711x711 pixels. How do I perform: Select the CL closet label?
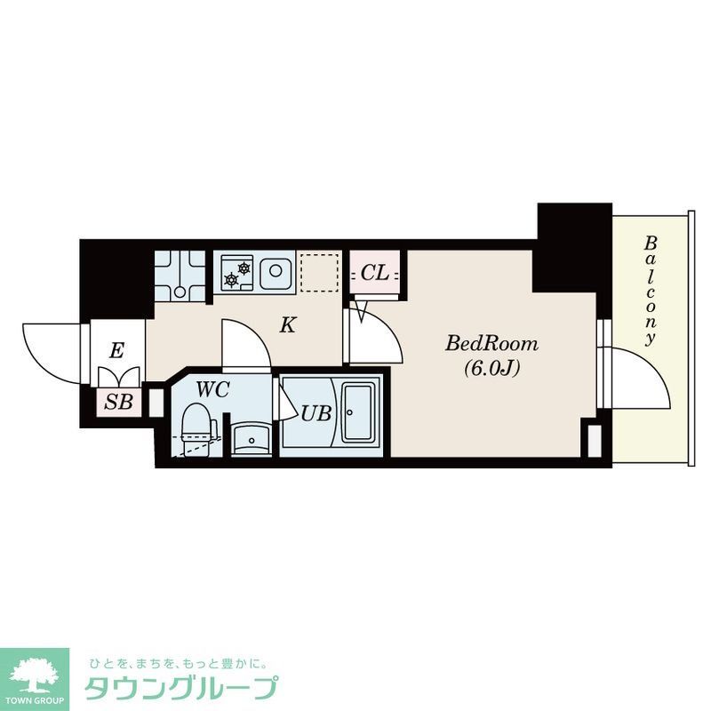[375, 274]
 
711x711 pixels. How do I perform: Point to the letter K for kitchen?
[287, 325]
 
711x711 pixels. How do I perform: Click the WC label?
[213, 389]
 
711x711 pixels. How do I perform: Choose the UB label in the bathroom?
[316, 414]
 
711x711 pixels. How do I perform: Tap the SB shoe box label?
[119, 402]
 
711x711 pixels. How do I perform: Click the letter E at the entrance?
[116, 351]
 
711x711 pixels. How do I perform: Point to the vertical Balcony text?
[651, 290]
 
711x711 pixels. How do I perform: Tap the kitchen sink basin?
[276, 271]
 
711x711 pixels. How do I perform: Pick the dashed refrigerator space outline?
[320, 272]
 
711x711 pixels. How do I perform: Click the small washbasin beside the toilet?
[252, 437]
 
